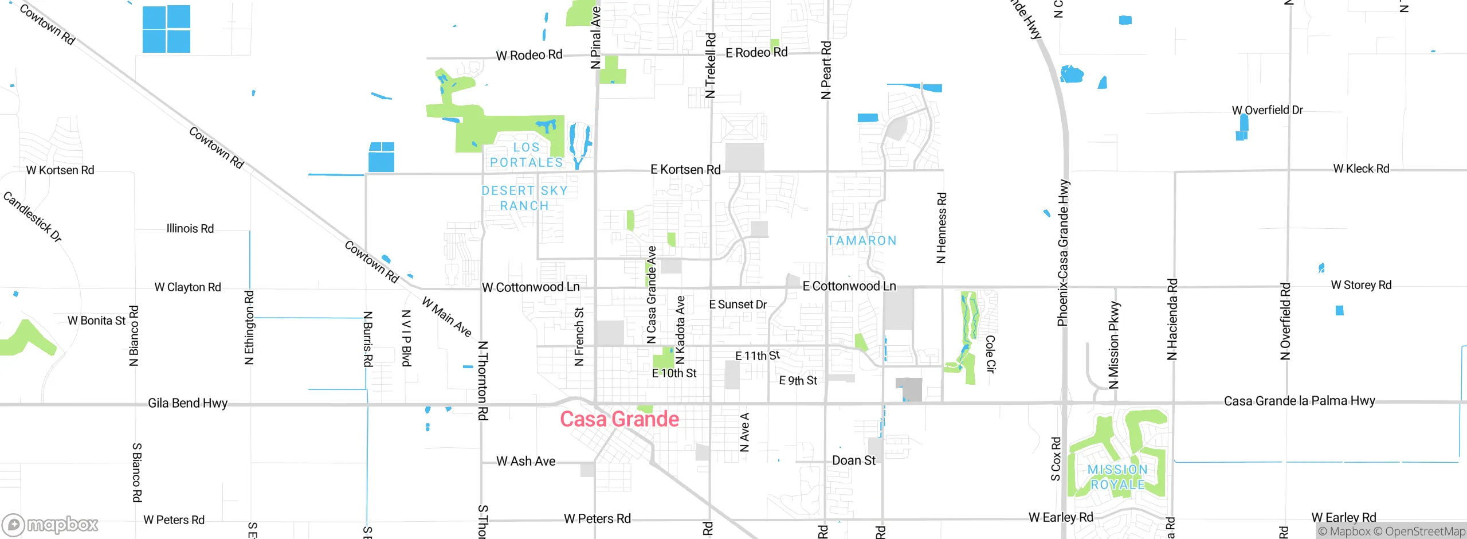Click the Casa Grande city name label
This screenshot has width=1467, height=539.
pos(619,419)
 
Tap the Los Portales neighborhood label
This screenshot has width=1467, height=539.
pos(526,155)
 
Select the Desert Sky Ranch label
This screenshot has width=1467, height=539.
pos(524,198)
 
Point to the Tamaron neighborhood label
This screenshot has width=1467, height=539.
pos(861,241)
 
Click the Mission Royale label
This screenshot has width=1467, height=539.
pos(1117,477)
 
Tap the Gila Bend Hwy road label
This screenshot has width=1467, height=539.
pos(187,403)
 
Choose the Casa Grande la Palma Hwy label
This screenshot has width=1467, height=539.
pos(1299,401)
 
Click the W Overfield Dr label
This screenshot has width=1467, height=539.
pos(1267,110)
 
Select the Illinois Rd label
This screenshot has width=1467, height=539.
pos(190,228)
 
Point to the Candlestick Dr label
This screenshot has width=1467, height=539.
pos(32,217)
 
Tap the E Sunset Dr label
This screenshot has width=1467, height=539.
pos(738,304)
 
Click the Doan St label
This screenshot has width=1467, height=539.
pos(853,460)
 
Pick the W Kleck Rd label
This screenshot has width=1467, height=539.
pos(1360,169)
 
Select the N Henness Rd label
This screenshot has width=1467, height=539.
pos(941,228)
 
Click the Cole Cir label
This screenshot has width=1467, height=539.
pos(990,354)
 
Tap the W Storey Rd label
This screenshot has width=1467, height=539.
pos(1360,285)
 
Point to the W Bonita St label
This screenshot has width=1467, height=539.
pos(96,321)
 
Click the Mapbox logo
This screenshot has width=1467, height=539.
pos(50,524)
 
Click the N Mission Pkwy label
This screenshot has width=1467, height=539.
pos(1113,345)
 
